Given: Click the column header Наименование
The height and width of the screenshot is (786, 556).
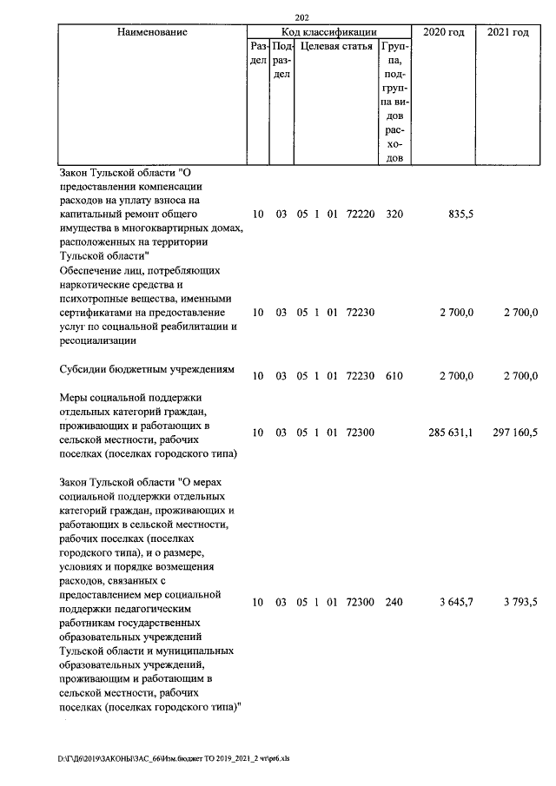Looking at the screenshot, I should [152, 32].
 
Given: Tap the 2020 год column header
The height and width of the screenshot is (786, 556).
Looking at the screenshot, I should [443, 32].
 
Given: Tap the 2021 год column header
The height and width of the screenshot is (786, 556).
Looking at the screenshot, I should [508, 32].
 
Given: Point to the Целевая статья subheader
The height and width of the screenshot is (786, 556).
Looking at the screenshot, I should [336, 46].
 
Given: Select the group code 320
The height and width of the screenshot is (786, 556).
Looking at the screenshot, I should [394, 214].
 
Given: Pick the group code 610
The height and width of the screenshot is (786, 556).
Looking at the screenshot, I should [394, 375].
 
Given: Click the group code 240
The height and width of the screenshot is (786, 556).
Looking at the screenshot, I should [394, 602].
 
